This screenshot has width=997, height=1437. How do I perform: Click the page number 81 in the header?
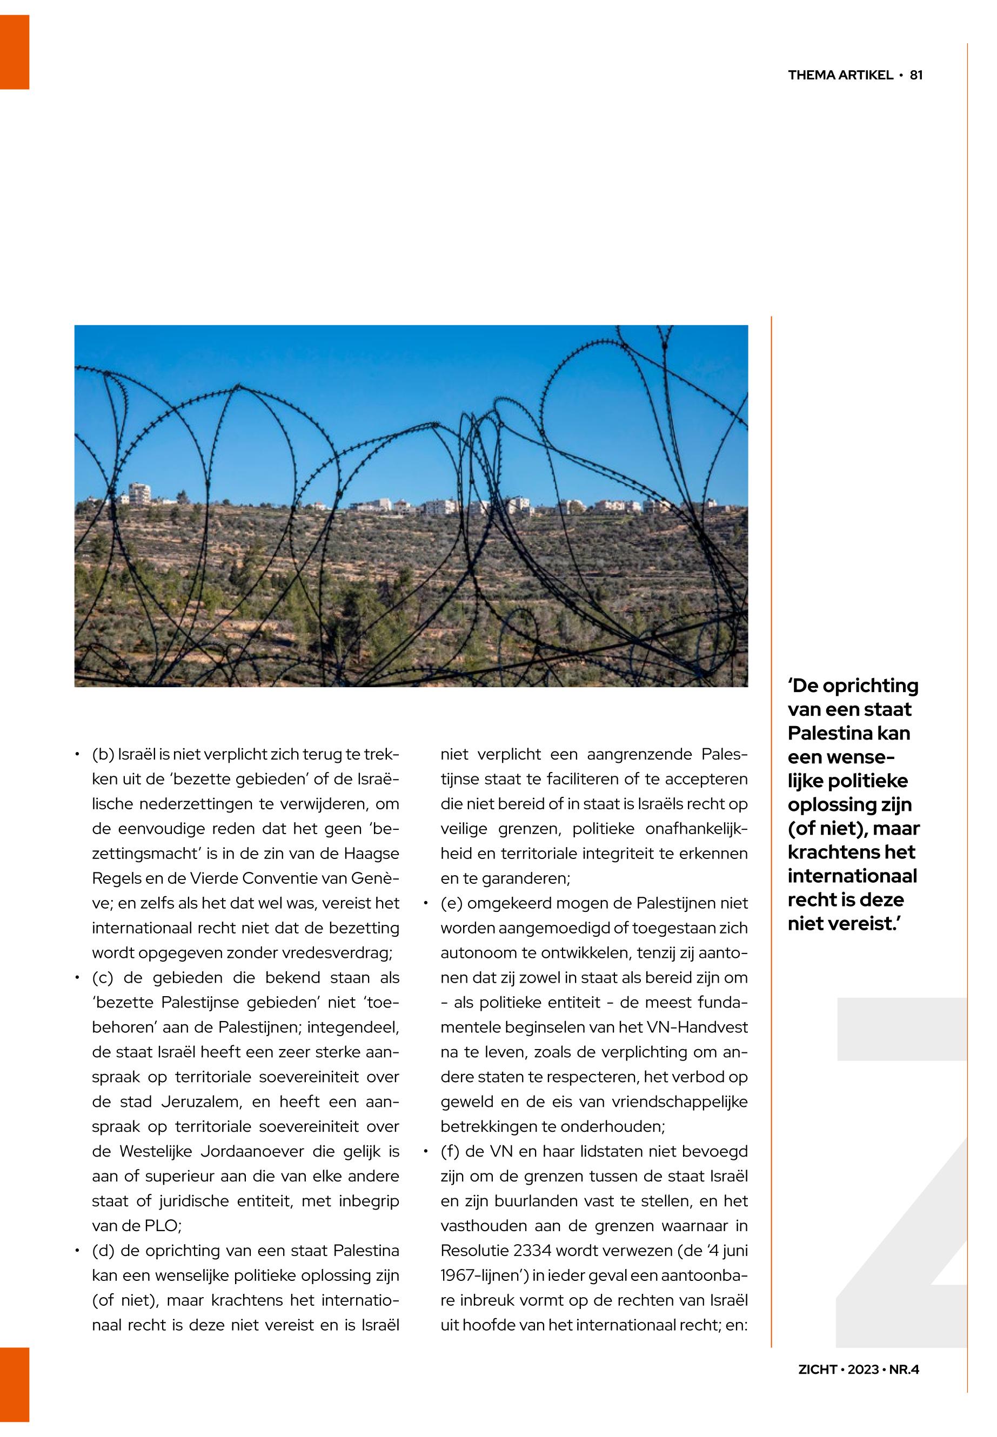[x=916, y=75]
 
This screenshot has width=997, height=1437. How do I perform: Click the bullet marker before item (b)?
[x=76, y=756]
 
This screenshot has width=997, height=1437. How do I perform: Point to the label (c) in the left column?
[x=103, y=978]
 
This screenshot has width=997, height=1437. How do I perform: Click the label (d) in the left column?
[x=103, y=1252]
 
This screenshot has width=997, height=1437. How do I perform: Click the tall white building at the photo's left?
[x=139, y=493]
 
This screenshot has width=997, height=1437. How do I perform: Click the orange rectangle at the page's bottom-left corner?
[x=15, y=1384]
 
